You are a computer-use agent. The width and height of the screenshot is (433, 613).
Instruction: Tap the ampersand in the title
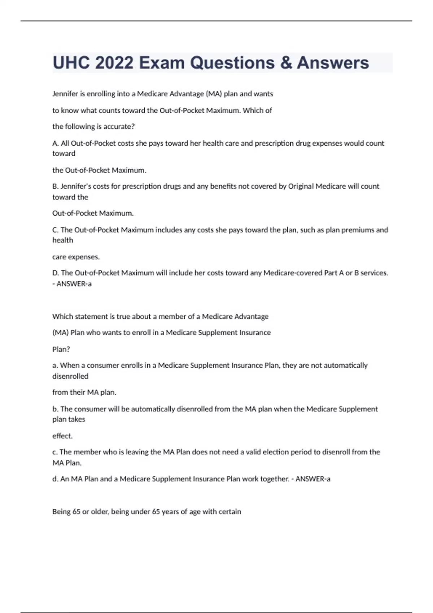(285, 63)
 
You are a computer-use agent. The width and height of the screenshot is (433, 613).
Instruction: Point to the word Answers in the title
(333, 63)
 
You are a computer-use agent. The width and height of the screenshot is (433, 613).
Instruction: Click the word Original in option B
(301, 186)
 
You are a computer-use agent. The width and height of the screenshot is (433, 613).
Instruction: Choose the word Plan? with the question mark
(61, 349)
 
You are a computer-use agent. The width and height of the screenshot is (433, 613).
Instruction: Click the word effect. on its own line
(62, 436)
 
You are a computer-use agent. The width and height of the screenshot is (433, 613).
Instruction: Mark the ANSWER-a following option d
(313, 479)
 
